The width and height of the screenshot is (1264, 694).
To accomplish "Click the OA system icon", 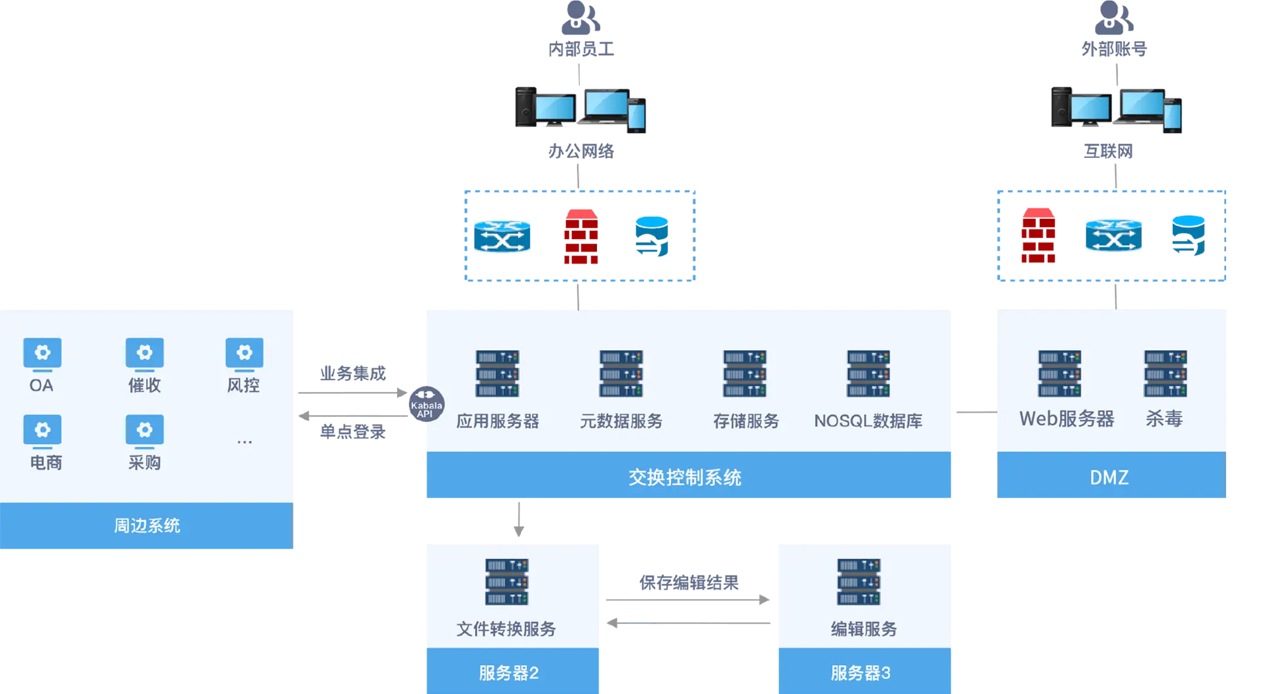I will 42,353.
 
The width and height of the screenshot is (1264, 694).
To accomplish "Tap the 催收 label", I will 144,385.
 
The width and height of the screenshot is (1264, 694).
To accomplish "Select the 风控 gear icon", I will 244,353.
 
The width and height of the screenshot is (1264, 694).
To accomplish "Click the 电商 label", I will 46,463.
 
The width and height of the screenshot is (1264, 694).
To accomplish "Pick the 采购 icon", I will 144,431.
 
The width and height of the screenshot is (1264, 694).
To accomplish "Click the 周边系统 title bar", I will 147,526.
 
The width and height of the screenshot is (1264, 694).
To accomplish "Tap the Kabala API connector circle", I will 426,403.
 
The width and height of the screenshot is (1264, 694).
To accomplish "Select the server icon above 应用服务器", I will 497,374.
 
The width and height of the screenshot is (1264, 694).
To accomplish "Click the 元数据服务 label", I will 621,421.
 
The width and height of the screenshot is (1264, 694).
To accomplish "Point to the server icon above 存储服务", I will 745,374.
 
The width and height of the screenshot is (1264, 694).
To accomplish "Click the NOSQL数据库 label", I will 868,421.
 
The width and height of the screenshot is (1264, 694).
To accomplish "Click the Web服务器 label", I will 1066,419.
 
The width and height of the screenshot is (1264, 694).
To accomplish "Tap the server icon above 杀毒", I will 1165,374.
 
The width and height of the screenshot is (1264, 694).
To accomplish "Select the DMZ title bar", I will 1110,477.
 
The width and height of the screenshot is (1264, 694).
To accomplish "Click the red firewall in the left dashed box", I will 581,237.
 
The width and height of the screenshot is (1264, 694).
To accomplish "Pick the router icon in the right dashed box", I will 1113,236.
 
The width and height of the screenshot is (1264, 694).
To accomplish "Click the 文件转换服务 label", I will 506,629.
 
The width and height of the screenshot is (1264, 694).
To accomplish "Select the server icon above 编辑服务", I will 859,582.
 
